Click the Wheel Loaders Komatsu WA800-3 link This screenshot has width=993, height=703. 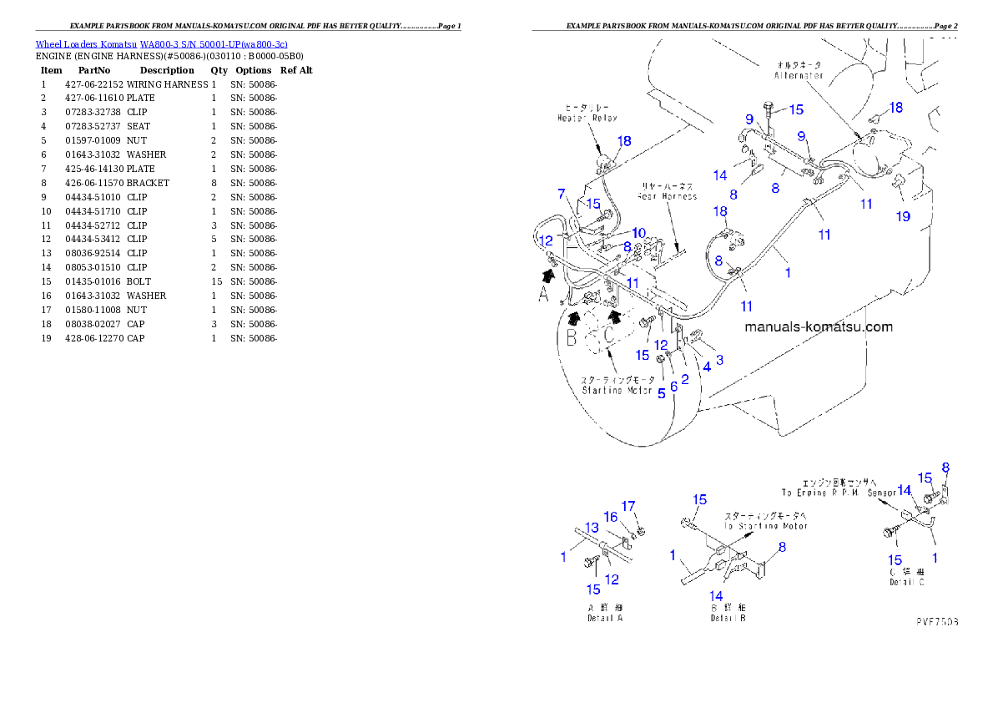coord(161,44)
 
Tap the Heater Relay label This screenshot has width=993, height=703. coord(587,119)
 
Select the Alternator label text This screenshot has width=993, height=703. coord(799,75)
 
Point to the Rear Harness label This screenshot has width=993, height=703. coord(668,196)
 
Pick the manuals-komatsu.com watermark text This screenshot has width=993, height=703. coord(818,327)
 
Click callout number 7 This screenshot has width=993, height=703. coord(562,194)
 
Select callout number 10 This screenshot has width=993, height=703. coord(638,232)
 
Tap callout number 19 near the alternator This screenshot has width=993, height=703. coord(903,216)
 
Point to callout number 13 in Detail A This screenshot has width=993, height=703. coord(592,528)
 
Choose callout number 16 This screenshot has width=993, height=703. coord(611,518)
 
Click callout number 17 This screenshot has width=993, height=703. coord(628,506)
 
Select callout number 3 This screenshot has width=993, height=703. coord(719,359)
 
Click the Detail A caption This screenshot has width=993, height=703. coord(605,618)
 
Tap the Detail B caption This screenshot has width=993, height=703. coord(728,618)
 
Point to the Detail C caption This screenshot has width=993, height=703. coord(907,582)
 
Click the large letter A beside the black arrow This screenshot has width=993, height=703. coord(544,295)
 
